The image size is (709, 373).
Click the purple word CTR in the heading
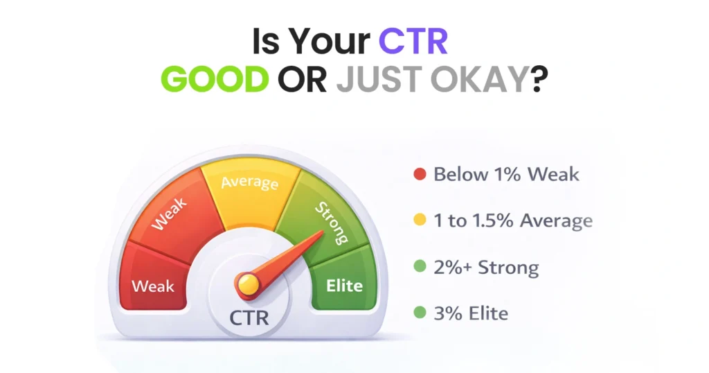(413, 42)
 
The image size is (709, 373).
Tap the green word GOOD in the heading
(219, 80)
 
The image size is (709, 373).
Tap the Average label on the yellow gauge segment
(250, 183)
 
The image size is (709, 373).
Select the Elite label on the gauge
(344, 285)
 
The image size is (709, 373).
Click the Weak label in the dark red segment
(153, 286)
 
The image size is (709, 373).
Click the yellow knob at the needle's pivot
(248, 282)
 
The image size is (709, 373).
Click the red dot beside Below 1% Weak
(419, 174)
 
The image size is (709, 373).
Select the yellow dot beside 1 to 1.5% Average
(419, 221)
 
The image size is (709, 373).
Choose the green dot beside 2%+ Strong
(419, 268)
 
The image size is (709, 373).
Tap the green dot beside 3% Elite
(419, 313)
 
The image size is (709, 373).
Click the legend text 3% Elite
(471, 313)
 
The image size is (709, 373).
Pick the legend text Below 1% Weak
(506, 174)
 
